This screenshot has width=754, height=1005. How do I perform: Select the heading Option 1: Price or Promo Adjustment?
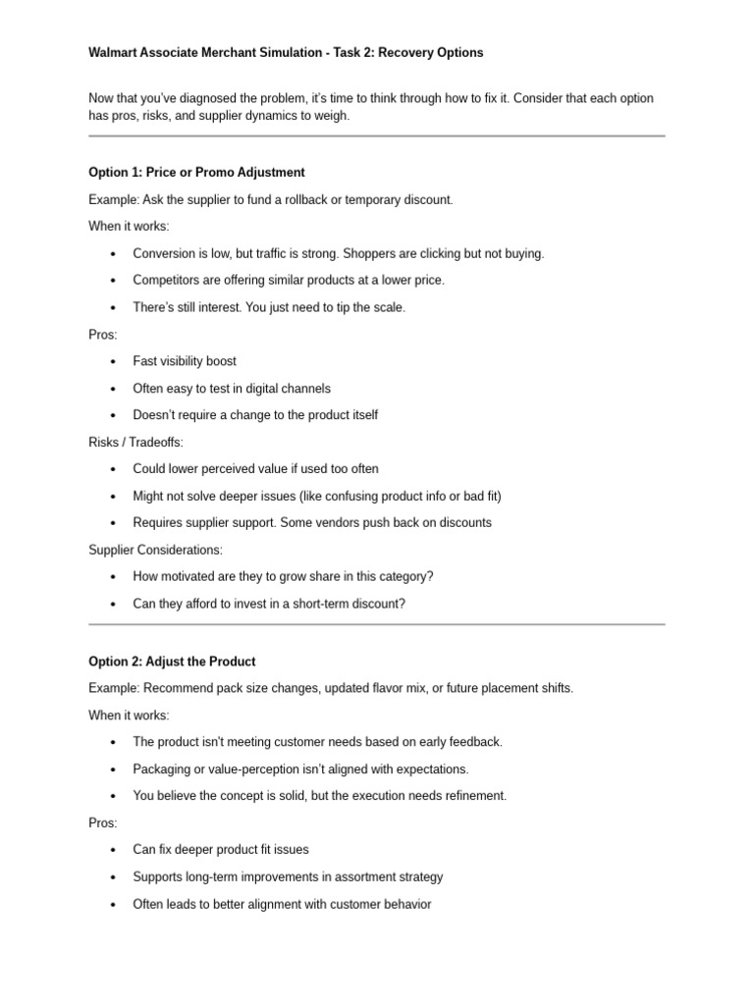(x=196, y=173)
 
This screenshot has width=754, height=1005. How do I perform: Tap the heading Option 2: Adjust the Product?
(x=172, y=661)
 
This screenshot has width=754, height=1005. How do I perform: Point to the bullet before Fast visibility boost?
(x=114, y=362)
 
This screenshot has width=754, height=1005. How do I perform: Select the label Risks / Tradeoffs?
(x=135, y=443)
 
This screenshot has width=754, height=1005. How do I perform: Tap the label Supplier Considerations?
(x=155, y=550)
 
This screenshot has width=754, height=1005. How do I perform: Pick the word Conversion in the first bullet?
(x=165, y=253)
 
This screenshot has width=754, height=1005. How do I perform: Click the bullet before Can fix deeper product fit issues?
(x=114, y=851)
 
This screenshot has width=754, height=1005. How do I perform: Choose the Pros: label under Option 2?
(x=103, y=823)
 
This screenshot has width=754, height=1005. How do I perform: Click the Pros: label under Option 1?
(x=103, y=335)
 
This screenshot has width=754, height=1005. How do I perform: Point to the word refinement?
(x=474, y=796)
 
